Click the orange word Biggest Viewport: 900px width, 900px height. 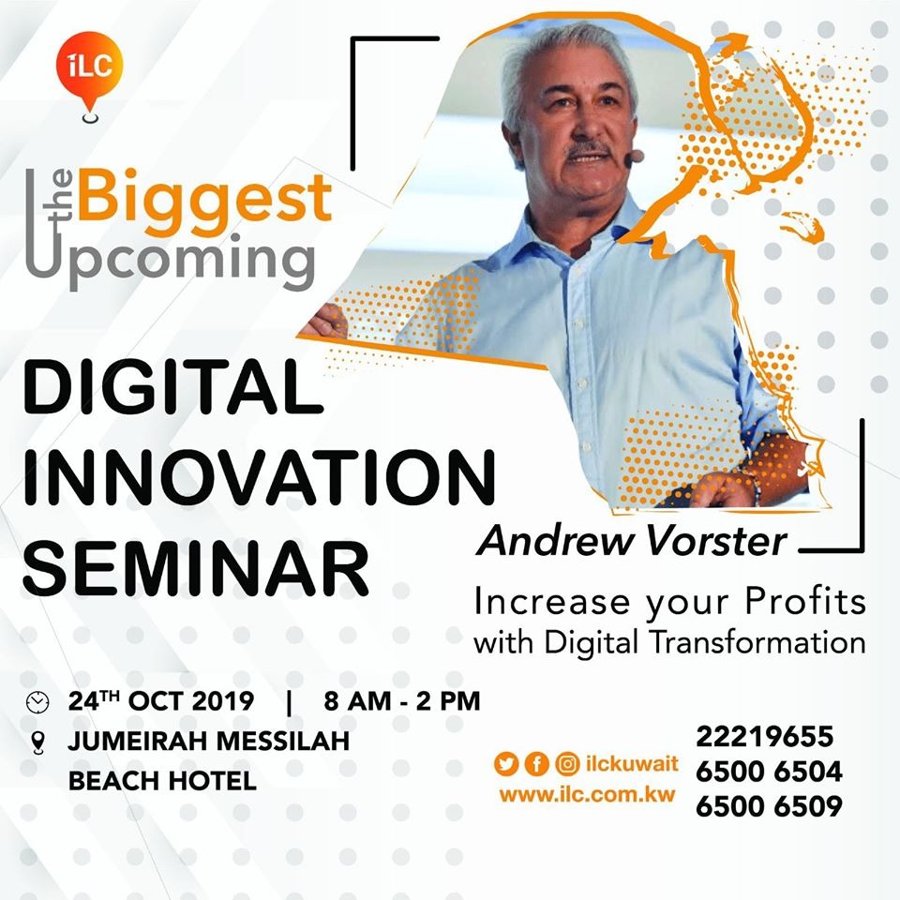click(205, 199)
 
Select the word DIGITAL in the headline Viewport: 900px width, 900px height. click(173, 386)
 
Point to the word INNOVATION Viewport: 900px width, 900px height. click(260, 477)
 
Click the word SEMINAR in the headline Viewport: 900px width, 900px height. click(196, 567)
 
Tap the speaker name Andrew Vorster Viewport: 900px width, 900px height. click(632, 541)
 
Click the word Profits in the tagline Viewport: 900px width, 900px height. click(805, 602)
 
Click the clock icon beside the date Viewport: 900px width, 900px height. click(37, 702)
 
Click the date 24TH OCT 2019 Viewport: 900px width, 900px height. click(161, 701)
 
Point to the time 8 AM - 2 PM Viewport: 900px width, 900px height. click(402, 701)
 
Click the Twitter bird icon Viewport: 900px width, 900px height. click(505, 764)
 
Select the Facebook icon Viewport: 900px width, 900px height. click(536, 764)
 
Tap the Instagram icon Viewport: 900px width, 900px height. click(567, 764)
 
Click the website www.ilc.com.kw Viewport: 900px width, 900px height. click(587, 795)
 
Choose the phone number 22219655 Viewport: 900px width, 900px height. click(765, 737)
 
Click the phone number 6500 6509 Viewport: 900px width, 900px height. click(769, 806)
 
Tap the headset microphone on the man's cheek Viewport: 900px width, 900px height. click(636, 157)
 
